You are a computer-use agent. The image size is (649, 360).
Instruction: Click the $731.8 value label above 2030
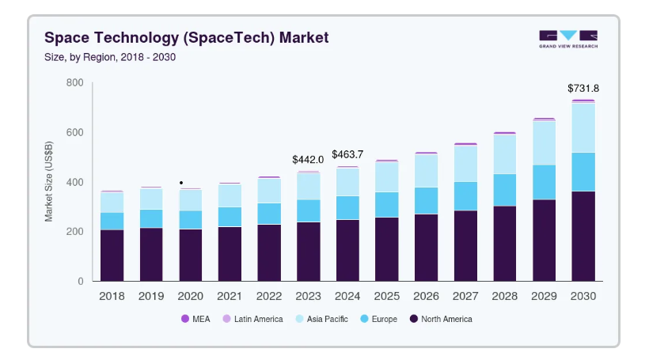pyautogui.click(x=583, y=88)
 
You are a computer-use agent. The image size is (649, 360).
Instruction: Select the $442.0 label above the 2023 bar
pyautogui.click(x=308, y=160)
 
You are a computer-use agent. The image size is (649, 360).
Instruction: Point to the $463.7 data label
pyautogui.click(x=347, y=155)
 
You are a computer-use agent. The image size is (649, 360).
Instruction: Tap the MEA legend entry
pyautogui.click(x=195, y=319)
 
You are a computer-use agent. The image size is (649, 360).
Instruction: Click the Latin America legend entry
pyautogui.click(x=253, y=319)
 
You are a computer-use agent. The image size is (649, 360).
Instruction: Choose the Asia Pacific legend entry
pyautogui.click(x=321, y=319)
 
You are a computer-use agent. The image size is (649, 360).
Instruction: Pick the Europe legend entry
pyautogui.click(x=379, y=319)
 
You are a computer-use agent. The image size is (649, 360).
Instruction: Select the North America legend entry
pyautogui.click(x=441, y=319)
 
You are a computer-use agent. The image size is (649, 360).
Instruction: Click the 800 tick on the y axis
pyautogui.click(x=75, y=83)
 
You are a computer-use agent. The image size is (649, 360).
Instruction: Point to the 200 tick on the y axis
pyautogui.click(x=75, y=232)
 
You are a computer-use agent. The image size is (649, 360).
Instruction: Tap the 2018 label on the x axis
pyautogui.click(x=112, y=296)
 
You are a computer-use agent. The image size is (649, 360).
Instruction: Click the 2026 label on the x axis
pyautogui.click(x=426, y=296)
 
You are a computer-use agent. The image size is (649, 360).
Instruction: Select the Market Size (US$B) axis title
pyautogui.click(x=49, y=181)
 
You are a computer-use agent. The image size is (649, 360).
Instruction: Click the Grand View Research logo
pyautogui.click(x=568, y=40)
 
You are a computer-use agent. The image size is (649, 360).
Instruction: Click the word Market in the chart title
pyautogui.click(x=304, y=38)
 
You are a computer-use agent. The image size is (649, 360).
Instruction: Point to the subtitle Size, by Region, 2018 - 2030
pyautogui.click(x=110, y=57)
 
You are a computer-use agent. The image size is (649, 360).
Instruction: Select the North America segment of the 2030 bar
pyautogui.click(x=583, y=237)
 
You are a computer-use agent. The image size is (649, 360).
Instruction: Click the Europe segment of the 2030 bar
pyautogui.click(x=583, y=172)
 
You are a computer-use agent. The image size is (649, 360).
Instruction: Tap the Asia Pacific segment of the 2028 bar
pyautogui.click(x=504, y=154)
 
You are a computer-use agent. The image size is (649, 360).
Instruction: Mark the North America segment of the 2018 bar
pyautogui.click(x=112, y=256)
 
